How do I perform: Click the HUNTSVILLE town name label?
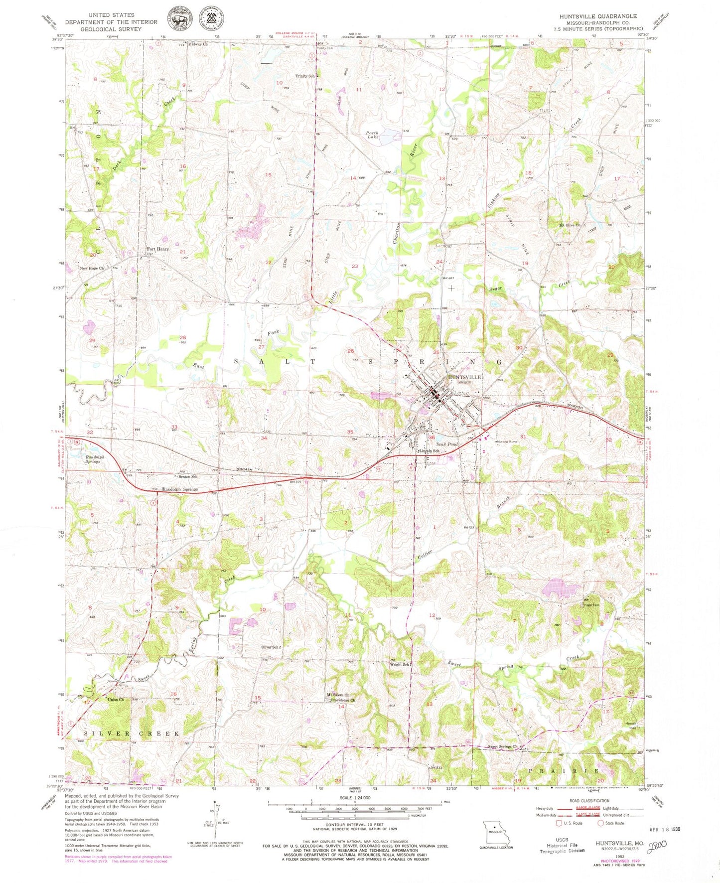pyautogui.click(x=464, y=377)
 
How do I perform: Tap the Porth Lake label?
pyautogui.click(x=372, y=136)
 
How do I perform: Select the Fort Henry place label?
pyautogui.click(x=157, y=249)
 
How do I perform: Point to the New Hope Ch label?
pyautogui.click(x=92, y=268)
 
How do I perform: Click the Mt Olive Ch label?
pyautogui.click(x=570, y=225)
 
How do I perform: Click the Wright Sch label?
pyautogui.click(x=400, y=665)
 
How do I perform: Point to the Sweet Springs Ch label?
pyautogui.click(x=503, y=747)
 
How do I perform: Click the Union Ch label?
pyautogui.click(x=116, y=700)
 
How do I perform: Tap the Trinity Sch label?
pyautogui.click(x=305, y=76)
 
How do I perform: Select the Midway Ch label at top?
pyautogui.click(x=197, y=44)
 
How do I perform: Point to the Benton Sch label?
pyautogui.click(x=188, y=477)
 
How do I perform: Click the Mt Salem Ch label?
pyautogui.click(x=338, y=695)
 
